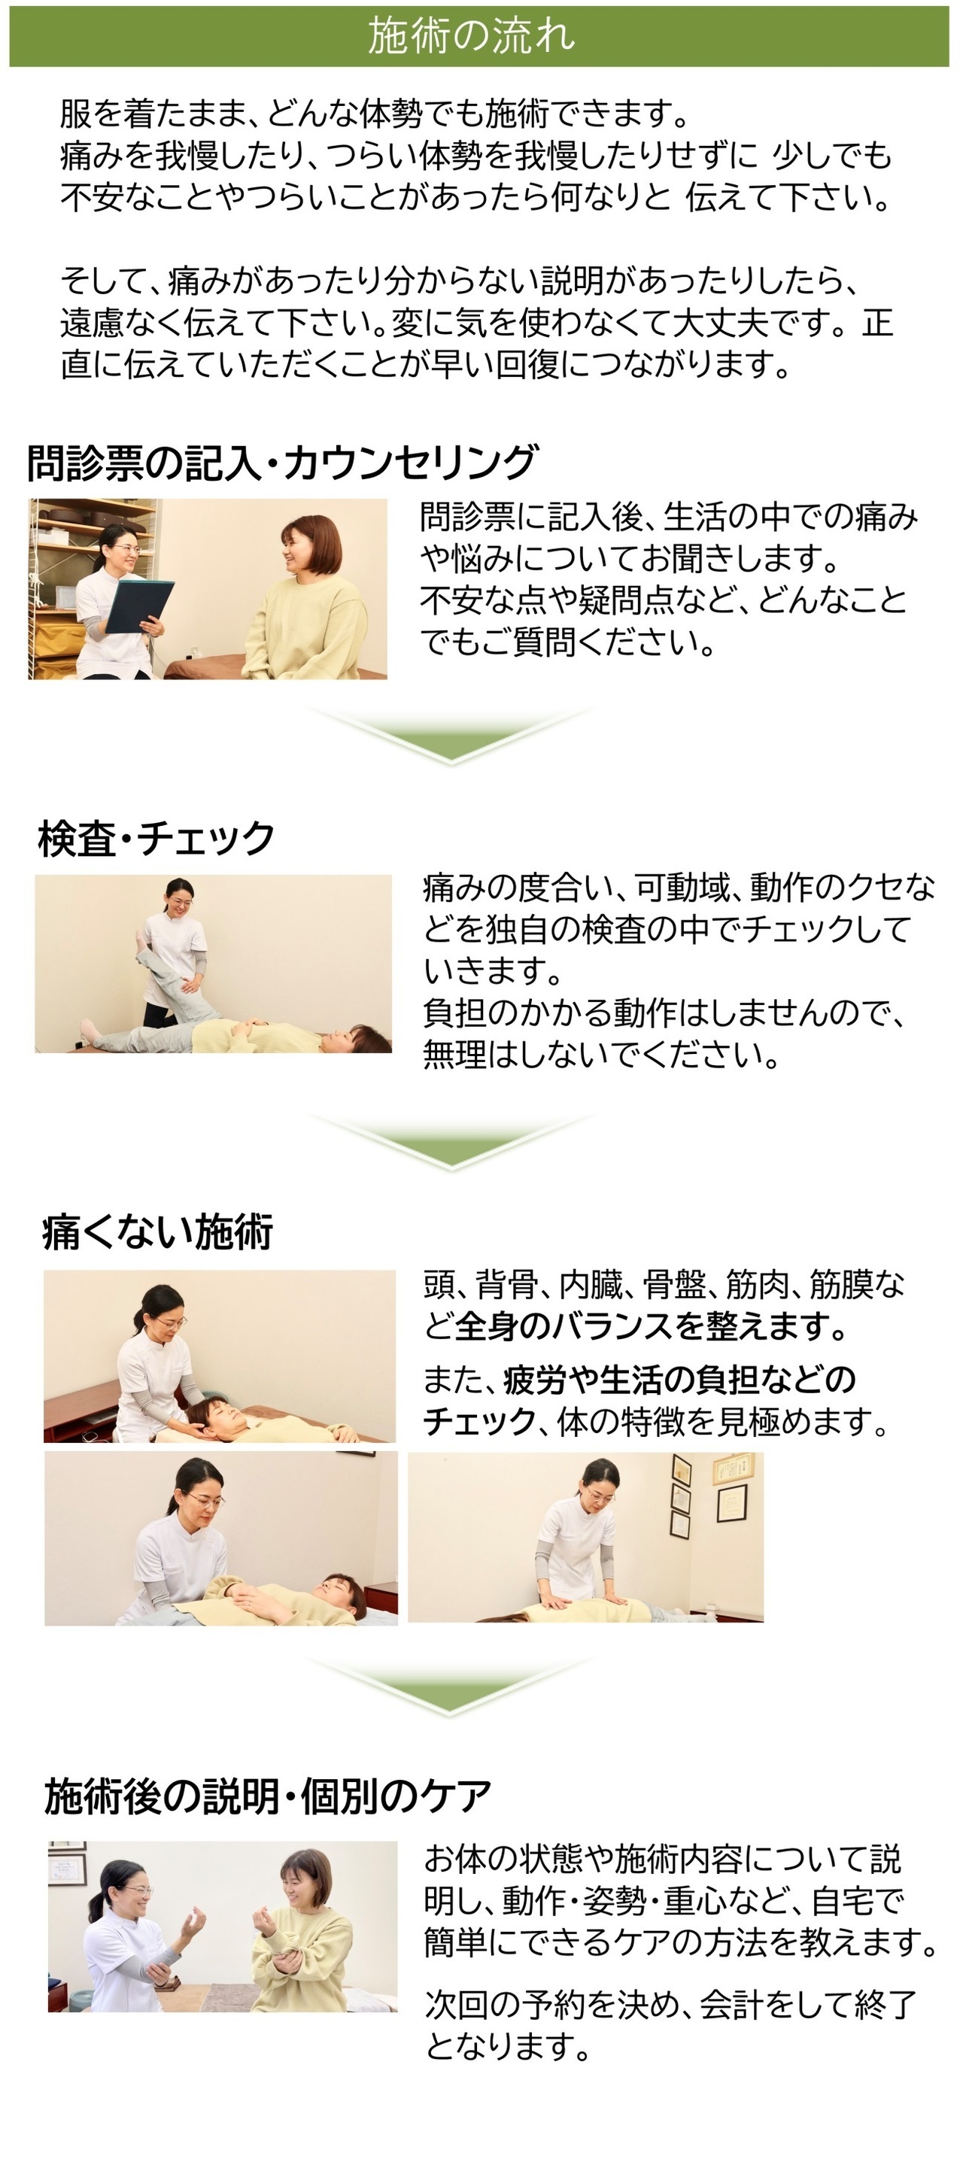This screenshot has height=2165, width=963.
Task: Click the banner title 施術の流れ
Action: tap(472, 35)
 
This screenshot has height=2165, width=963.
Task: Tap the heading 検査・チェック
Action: tap(156, 838)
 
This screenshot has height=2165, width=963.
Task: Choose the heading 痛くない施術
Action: tap(158, 1231)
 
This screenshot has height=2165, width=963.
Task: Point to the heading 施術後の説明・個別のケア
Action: tap(268, 1797)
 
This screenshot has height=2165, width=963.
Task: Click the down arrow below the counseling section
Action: tap(451, 734)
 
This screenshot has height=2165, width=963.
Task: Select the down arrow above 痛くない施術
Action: tap(451, 1142)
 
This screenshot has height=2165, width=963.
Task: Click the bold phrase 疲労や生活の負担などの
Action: tap(680, 1379)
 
